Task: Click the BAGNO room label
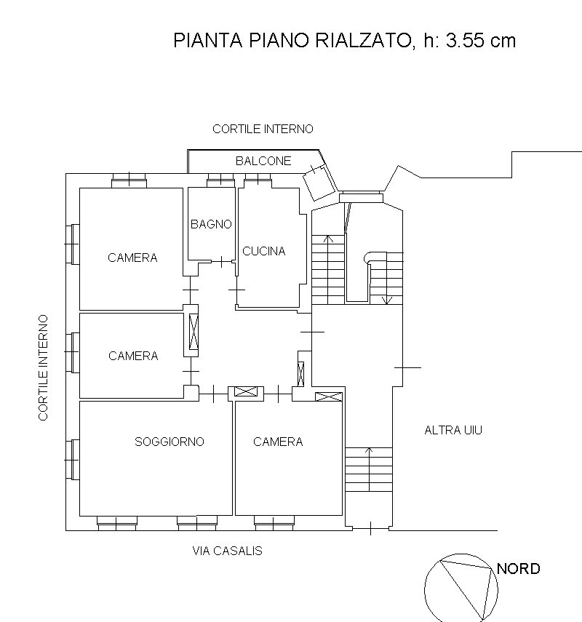[211, 224]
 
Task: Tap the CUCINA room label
[263, 251]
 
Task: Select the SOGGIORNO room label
[170, 442]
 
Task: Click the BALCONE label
[263, 161]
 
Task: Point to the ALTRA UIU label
[453, 430]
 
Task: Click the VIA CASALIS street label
[227, 551]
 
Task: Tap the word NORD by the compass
[518, 569]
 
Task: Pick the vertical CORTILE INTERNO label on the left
[44, 367]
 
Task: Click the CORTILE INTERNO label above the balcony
[263, 129]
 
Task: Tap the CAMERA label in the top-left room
[132, 258]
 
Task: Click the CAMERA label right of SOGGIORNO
[278, 442]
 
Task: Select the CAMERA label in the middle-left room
[133, 356]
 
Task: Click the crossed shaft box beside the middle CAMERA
[193, 332]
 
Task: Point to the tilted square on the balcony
[318, 180]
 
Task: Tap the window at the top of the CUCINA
[258, 179]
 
